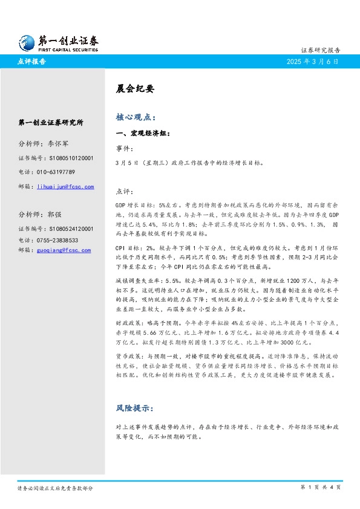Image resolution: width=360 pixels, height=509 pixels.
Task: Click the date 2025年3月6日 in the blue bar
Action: [x=313, y=62]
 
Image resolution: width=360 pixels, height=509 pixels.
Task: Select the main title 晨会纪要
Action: [x=131, y=88]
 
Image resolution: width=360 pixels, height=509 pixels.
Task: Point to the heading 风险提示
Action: [x=136, y=408]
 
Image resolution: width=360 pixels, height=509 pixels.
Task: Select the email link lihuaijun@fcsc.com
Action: [x=65, y=187]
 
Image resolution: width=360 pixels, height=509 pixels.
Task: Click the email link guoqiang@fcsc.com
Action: [x=64, y=250]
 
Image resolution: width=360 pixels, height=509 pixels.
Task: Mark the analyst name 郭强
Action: [x=54, y=214]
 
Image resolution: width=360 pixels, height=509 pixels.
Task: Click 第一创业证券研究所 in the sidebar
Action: [x=51, y=122]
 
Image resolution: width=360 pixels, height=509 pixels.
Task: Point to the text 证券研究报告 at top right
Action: [x=320, y=50]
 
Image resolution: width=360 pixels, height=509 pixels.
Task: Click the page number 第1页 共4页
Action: [x=320, y=487]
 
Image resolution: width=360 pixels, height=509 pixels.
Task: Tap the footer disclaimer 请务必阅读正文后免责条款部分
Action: [x=55, y=488]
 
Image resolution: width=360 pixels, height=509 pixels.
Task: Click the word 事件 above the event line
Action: [x=122, y=148]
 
